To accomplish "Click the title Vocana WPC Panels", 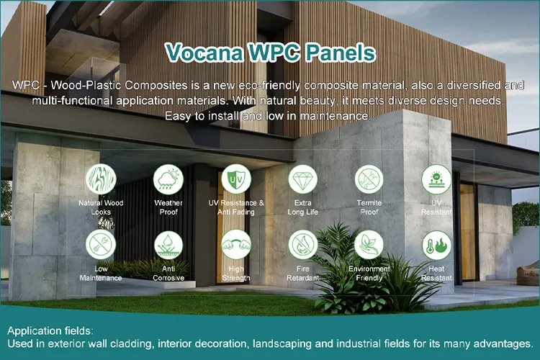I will coord(269,53).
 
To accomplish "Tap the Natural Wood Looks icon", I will coord(101,179).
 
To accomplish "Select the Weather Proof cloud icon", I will coord(168,179).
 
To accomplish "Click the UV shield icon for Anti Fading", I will coord(235,179).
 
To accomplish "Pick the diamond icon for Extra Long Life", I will coord(302,179).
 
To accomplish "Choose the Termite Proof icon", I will coord(369,179).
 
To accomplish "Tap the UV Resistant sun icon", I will coord(436,179).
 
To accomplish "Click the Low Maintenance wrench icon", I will coord(101,245).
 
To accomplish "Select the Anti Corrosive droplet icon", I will coord(168,245).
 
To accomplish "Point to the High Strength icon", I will coord(235,245).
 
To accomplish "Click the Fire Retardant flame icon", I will coord(302,245).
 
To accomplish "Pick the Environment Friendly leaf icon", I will coord(369,245).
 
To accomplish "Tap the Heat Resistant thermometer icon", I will coord(436,245).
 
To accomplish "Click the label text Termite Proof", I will coord(369,207).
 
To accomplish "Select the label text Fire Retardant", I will coord(302,273).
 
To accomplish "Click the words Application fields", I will coord(50,330).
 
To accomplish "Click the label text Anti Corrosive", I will coord(168,273).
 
